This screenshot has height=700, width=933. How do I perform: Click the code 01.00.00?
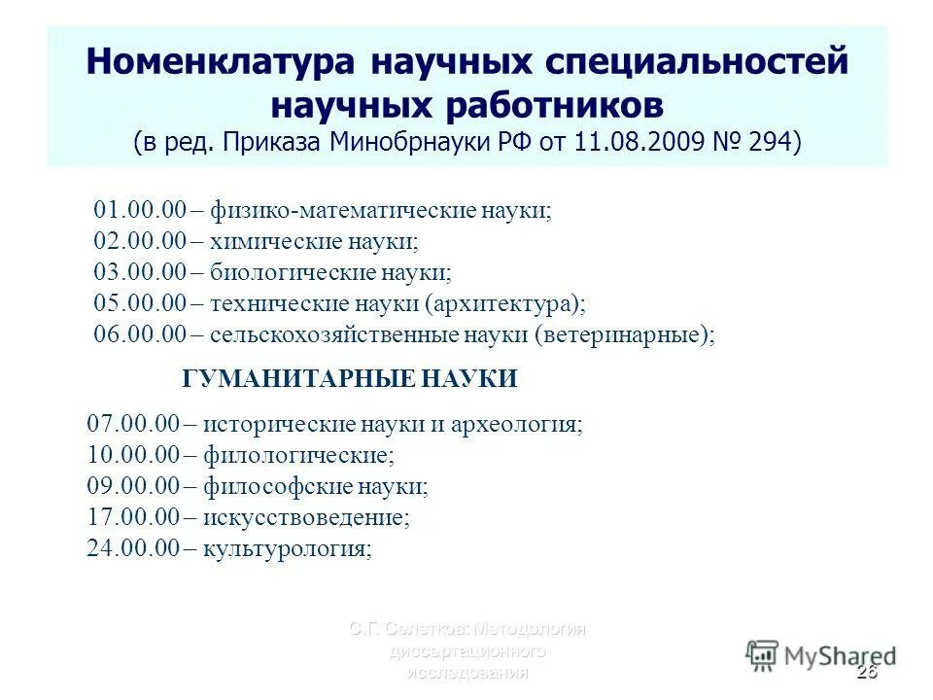point(139,211)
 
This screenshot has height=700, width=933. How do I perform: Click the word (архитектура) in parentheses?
point(504,304)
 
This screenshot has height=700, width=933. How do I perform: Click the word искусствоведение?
point(307,517)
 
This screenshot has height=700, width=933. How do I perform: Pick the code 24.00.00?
point(132,548)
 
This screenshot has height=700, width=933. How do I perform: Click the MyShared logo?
point(821,654)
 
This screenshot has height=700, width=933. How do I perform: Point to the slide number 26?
point(867,674)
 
